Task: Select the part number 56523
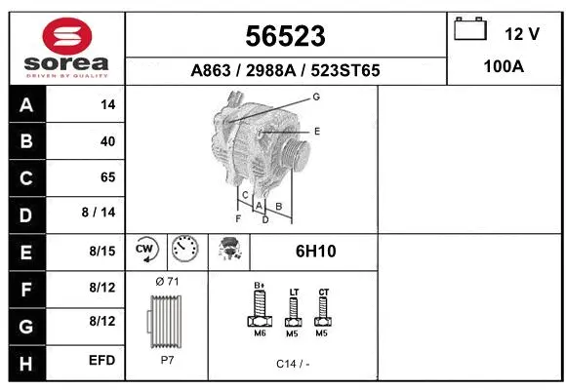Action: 285,36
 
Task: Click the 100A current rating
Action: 505,69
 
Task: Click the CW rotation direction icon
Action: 146,251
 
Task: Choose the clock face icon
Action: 183,250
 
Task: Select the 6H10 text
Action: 315,252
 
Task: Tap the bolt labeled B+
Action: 261,311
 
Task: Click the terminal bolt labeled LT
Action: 293,312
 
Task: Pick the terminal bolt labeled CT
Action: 324,311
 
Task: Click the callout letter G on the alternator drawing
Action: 316,97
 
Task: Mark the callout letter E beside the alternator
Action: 317,130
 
